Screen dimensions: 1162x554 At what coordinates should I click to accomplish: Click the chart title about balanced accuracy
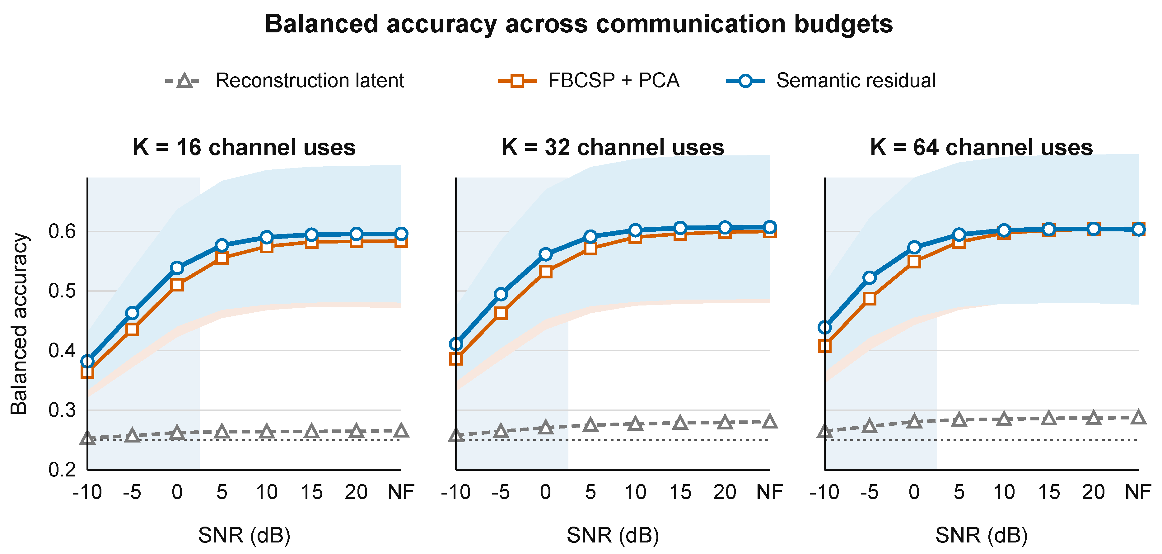(579, 24)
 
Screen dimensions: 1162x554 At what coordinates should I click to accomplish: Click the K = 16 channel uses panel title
(244, 147)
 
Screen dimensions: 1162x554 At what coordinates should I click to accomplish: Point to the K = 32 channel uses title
(613, 147)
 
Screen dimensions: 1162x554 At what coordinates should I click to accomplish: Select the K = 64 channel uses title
(982, 147)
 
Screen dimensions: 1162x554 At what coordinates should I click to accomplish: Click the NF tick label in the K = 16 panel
(401, 492)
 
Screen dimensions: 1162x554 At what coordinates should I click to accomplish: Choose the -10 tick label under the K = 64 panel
(824, 492)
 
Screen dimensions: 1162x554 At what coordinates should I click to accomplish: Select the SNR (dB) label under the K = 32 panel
(613, 535)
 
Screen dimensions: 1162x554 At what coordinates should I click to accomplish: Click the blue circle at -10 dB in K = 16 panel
(87, 361)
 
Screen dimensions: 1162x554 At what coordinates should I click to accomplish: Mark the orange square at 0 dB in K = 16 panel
(177, 285)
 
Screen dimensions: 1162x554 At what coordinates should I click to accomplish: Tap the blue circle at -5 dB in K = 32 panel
(501, 294)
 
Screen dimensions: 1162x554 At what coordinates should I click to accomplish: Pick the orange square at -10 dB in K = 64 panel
(824, 346)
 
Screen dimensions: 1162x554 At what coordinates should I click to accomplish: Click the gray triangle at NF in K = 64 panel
(1139, 417)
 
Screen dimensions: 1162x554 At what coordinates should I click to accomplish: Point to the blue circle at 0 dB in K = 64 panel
(914, 247)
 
